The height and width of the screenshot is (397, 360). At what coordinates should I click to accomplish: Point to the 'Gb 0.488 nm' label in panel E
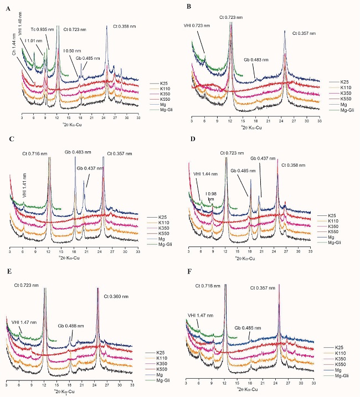(x=70, y=326)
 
